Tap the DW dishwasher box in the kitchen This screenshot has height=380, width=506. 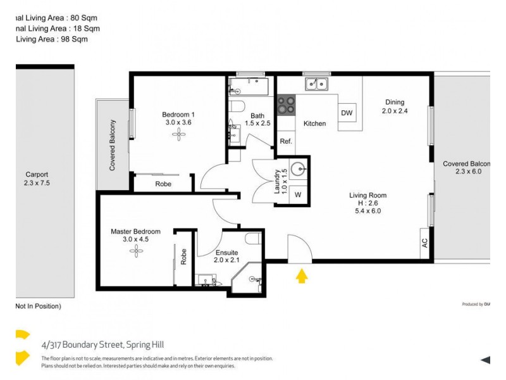point(347,113)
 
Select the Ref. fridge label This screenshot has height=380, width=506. point(286,141)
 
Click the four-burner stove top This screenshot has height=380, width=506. point(287,104)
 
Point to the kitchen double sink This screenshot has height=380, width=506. point(316,84)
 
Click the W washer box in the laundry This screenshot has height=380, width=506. point(297,194)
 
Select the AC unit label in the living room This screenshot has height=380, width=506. point(424,243)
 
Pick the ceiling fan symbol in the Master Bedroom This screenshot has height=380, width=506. point(136,251)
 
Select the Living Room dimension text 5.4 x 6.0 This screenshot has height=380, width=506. point(367,211)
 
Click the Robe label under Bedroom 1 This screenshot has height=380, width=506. point(162,184)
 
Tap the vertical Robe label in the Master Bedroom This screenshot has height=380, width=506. point(183,256)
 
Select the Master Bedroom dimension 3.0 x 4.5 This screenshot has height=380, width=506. point(135,239)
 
